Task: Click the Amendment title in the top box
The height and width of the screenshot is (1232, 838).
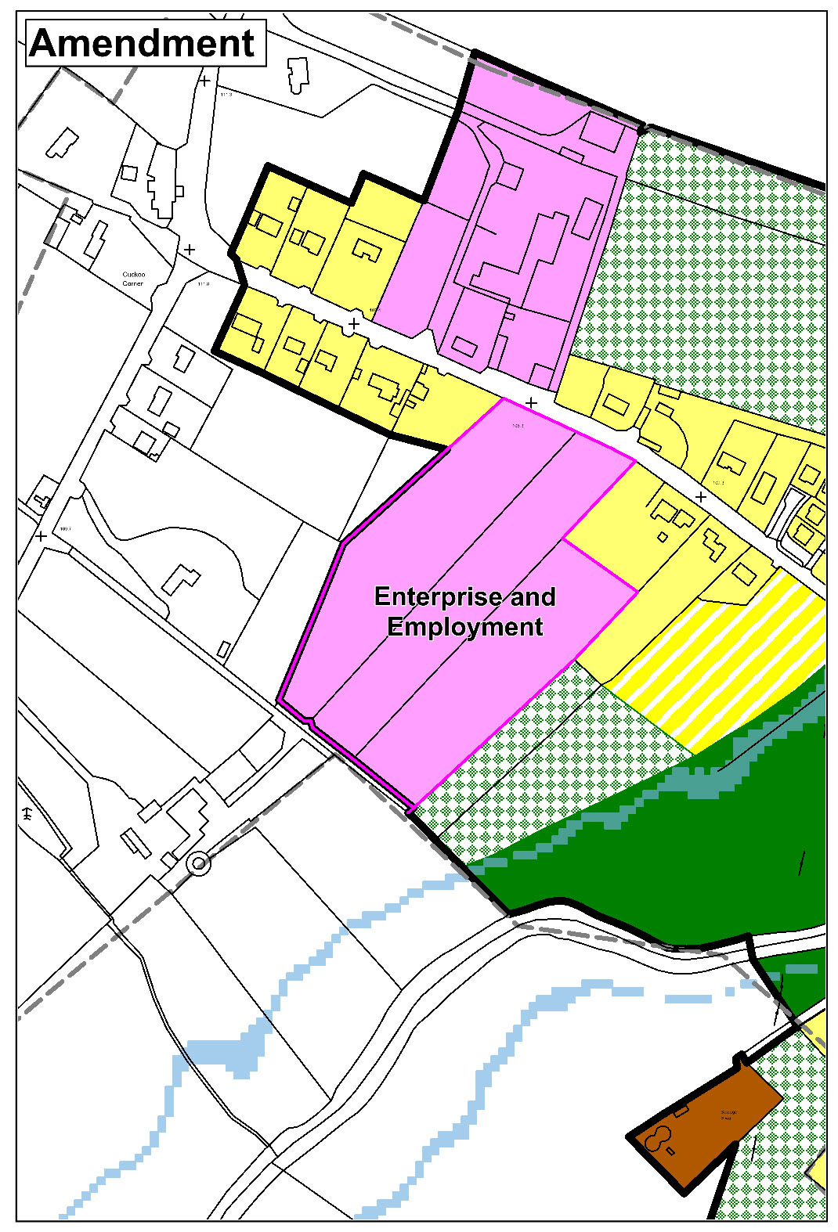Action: pos(143,42)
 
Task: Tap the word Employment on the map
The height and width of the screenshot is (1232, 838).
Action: pos(465,627)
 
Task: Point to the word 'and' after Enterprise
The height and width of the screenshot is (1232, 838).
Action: pos(533,596)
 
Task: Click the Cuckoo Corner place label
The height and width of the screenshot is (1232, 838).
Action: pos(133,279)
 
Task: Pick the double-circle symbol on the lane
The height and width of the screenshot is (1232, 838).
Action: pos(200,864)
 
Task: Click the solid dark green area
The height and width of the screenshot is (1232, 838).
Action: pos(705,845)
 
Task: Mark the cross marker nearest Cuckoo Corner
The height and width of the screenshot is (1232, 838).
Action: pos(190,250)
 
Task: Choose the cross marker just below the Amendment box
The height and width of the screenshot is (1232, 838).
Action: pos(204,81)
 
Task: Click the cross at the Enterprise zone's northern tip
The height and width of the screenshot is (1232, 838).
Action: pos(531,402)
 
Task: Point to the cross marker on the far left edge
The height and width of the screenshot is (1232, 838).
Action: pos(41,536)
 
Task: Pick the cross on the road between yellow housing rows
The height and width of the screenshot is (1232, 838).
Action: pos(354,323)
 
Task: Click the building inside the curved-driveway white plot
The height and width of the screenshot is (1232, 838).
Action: pos(181,581)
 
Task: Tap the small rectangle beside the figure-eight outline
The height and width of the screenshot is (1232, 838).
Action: pos(670,1151)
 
